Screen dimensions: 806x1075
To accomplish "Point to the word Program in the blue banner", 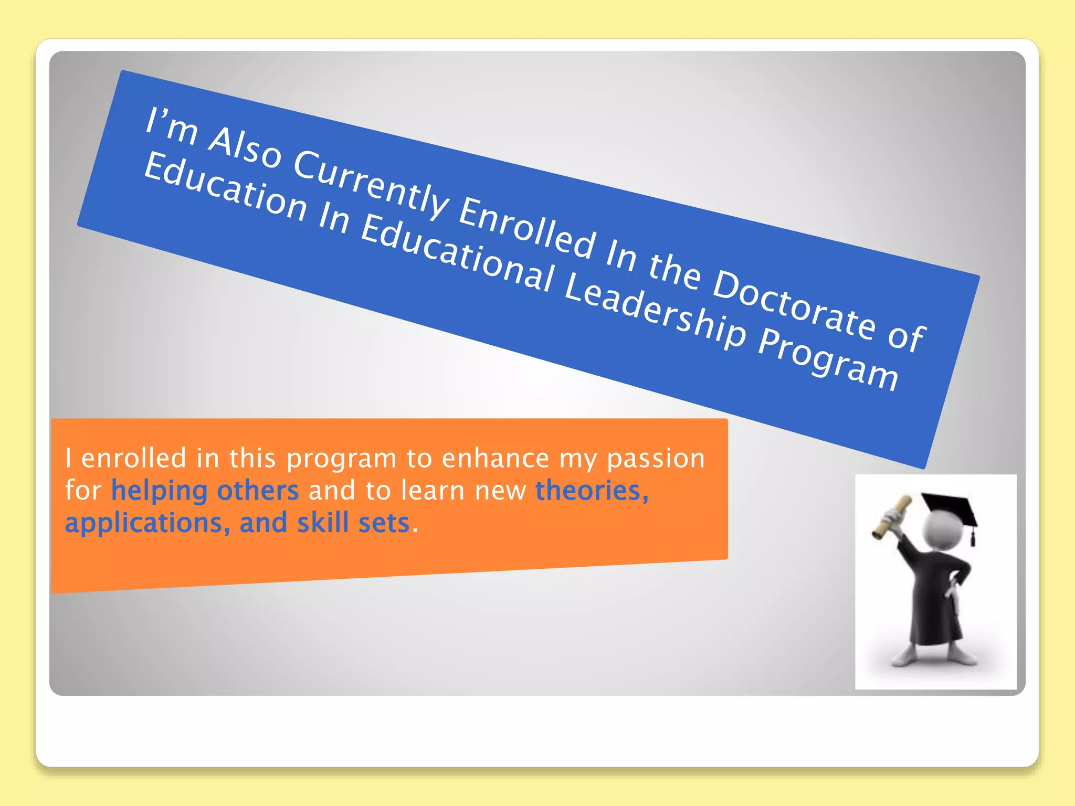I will [828, 361].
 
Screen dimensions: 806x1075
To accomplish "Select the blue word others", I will [258, 491].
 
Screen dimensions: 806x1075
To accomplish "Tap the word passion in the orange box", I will [656, 459].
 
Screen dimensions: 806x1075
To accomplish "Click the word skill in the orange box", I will [323, 523].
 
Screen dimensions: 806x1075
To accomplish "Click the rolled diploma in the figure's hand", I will [891, 517].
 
